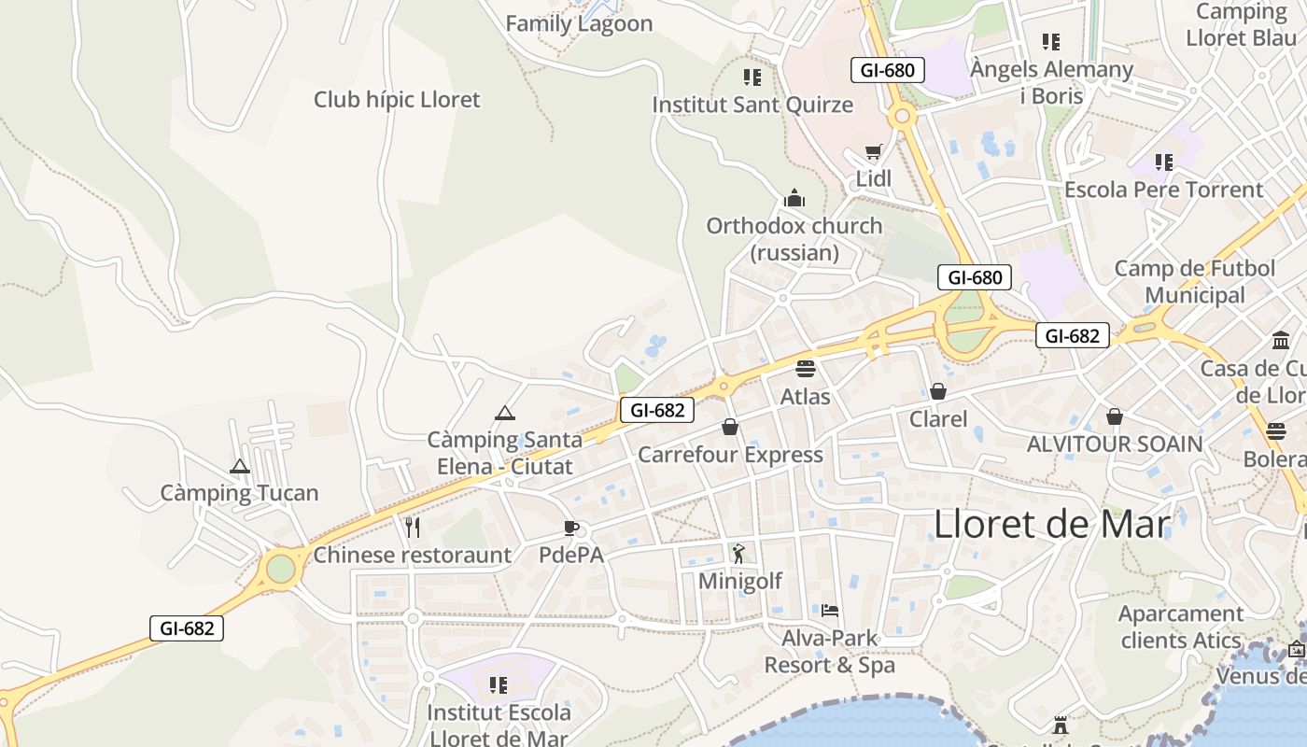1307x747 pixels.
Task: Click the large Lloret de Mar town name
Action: click(x=1051, y=525)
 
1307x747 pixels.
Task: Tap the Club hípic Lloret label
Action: click(x=397, y=99)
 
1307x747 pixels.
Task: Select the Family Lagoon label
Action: click(x=579, y=23)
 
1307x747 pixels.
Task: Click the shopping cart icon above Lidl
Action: click(x=874, y=152)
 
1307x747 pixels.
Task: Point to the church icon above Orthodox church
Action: click(x=794, y=198)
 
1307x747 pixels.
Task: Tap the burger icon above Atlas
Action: click(x=806, y=368)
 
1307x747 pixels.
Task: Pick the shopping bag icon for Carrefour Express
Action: click(x=730, y=427)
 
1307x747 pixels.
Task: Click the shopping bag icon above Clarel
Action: click(x=938, y=391)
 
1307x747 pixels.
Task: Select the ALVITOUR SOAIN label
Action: click(x=1115, y=444)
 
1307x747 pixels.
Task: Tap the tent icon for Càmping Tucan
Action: click(x=240, y=466)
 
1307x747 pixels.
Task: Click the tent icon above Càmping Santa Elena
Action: click(x=505, y=413)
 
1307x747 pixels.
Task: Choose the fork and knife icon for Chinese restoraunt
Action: click(x=413, y=528)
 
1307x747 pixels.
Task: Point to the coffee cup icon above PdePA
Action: click(x=571, y=528)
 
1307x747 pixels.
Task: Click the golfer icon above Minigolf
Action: click(x=739, y=554)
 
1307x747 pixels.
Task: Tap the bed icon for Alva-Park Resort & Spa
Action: click(x=830, y=611)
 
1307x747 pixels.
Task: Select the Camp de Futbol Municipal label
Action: click(x=1195, y=281)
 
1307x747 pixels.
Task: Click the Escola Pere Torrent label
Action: click(x=1163, y=190)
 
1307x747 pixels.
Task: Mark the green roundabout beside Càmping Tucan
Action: click(x=280, y=568)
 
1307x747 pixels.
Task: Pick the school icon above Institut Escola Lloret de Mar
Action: click(x=499, y=685)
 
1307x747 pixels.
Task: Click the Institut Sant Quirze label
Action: click(x=752, y=104)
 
